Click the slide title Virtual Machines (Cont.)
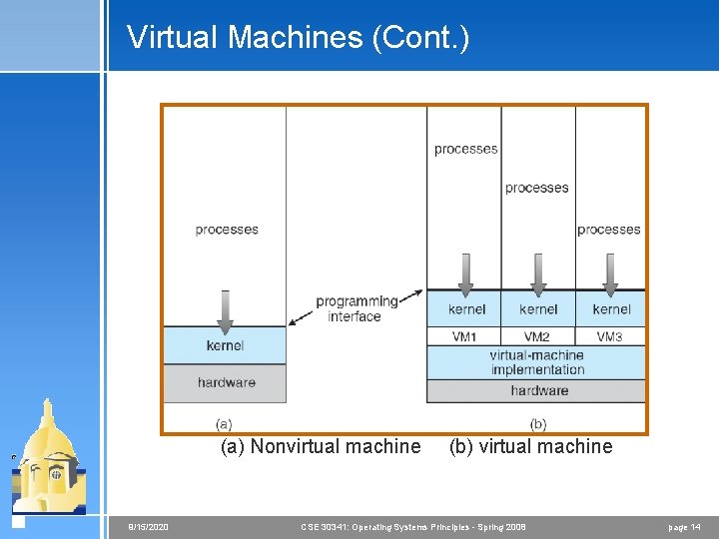(298, 38)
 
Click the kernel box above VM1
(466, 309)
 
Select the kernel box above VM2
(538, 309)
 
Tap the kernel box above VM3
(611, 309)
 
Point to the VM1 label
(465, 336)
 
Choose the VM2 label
(537, 336)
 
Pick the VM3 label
(610, 336)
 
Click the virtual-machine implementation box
(536, 362)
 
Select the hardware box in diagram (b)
(537, 390)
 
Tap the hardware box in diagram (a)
(226, 382)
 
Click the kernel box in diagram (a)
(225, 345)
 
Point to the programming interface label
(356, 308)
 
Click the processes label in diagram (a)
(227, 230)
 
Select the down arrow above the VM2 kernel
(539, 270)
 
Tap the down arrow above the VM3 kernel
(611, 270)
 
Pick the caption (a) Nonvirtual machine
(321, 446)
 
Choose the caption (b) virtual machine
(530, 446)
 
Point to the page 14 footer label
(683, 526)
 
